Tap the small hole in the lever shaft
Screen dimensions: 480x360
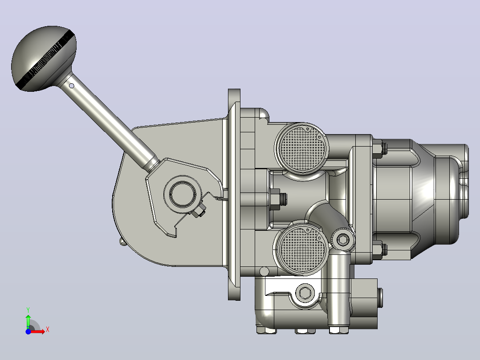pyautogui.click(x=72, y=86)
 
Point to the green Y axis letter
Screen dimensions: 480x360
pyautogui.click(x=28, y=310)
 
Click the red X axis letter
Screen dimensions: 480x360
pyautogui.click(x=48, y=330)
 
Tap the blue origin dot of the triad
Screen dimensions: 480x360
pyautogui.click(x=28, y=331)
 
